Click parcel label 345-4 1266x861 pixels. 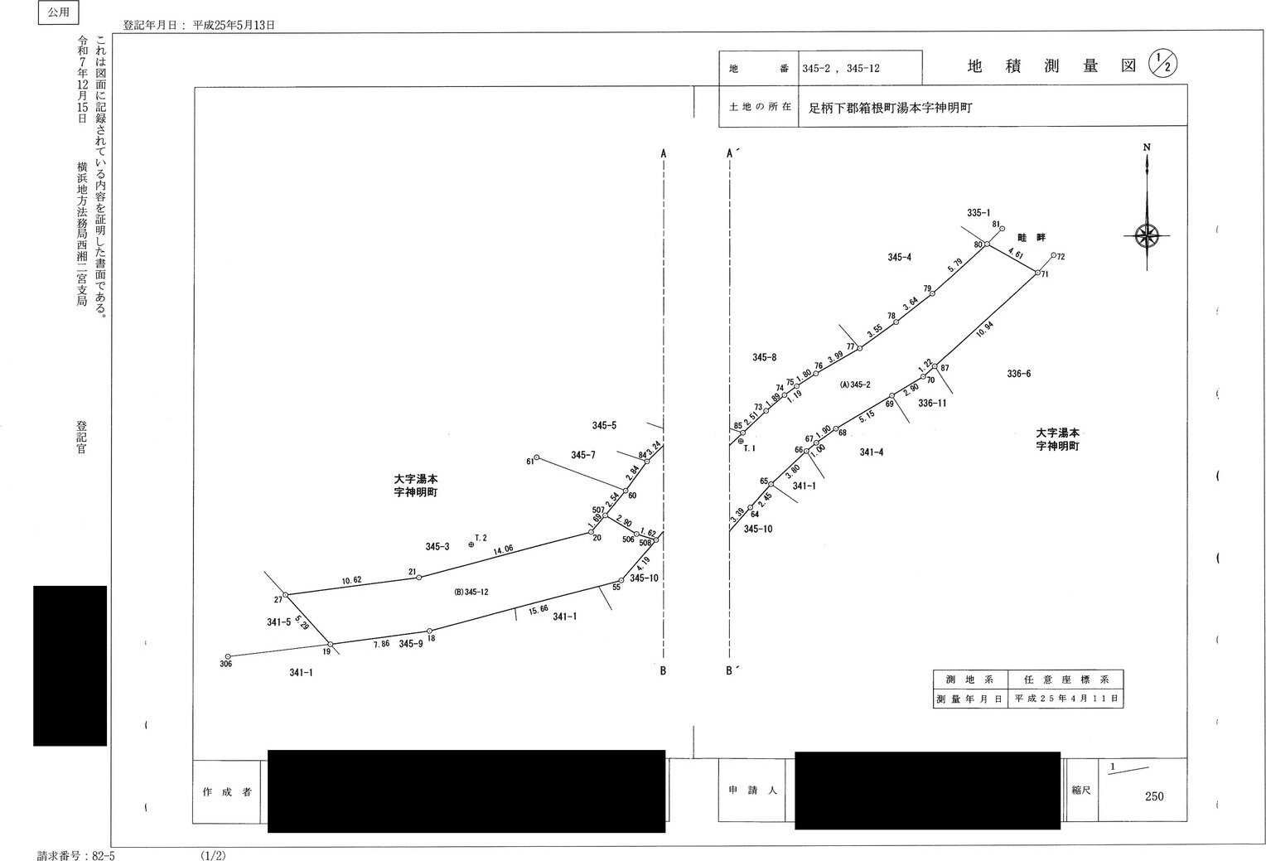pyautogui.click(x=899, y=258)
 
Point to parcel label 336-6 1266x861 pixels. pyautogui.click(x=1018, y=374)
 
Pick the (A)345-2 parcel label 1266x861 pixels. pyautogui.click(x=855, y=385)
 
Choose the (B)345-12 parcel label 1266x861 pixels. pyautogui.click(x=471, y=592)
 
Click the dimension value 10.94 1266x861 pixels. pyautogui.click(x=984, y=328)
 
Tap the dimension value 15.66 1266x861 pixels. pyautogui.click(x=538, y=609)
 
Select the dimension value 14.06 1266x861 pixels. pyautogui.click(x=503, y=549)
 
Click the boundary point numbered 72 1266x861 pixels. pyautogui.click(x=1053, y=256)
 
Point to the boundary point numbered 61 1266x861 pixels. pyautogui.click(x=536, y=457)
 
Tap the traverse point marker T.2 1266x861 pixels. pyautogui.click(x=471, y=544)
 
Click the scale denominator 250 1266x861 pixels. pyautogui.click(x=1154, y=796)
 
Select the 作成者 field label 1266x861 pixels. pyautogui.click(x=227, y=792)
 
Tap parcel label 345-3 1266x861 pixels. pyautogui.click(x=437, y=547)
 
